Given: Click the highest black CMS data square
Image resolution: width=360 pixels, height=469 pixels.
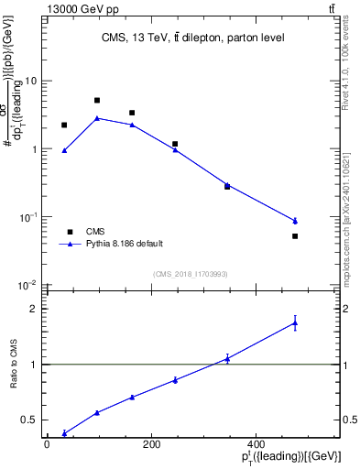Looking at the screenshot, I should [x=97, y=101].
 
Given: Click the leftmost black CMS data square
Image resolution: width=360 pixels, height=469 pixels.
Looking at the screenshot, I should [x=64, y=125].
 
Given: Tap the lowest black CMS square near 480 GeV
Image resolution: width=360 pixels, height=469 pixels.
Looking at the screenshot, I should [x=295, y=236].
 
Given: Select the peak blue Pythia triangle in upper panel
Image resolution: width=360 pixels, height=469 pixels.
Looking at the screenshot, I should [x=97, y=118].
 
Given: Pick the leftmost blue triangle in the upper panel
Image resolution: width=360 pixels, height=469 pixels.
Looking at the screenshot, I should [x=64, y=150].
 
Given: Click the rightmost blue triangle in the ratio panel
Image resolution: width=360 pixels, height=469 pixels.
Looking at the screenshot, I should [x=295, y=322].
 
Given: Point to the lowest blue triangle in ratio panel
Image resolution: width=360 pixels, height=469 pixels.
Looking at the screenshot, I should [x=64, y=433].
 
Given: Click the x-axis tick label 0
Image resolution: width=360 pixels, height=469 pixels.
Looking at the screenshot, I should [x=47, y=444].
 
